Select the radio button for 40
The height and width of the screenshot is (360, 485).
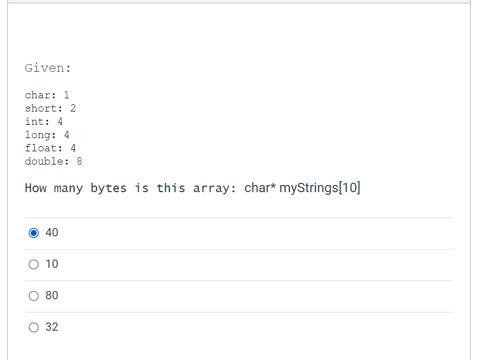(34, 233)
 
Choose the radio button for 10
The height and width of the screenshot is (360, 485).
(34, 264)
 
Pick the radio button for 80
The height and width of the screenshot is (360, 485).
(34, 296)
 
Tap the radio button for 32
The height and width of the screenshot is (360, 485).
(34, 327)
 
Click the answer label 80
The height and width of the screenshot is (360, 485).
(52, 295)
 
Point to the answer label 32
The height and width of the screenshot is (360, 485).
(52, 327)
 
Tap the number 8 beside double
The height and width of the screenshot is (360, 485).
(80, 161)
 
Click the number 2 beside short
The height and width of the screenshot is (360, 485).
(73, 108)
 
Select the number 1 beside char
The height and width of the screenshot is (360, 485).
(66, 95)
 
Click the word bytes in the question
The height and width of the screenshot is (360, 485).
(109, 188)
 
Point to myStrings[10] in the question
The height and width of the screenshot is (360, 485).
(320, 188)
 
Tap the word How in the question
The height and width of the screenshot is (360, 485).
(35, 188)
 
